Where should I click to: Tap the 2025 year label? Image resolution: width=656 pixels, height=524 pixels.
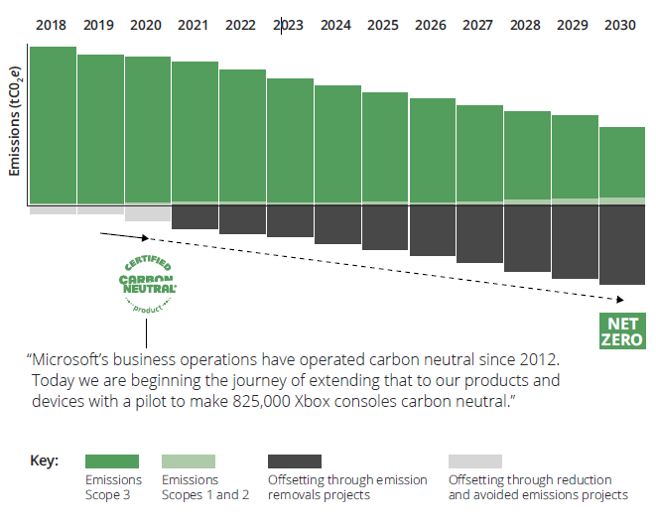click(384, 24)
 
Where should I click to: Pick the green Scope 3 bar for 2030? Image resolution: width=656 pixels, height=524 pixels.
click(622, 163)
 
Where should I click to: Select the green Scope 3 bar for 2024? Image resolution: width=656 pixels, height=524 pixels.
click(337, 144)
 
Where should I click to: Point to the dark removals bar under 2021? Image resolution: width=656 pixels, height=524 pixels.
click(196, 217)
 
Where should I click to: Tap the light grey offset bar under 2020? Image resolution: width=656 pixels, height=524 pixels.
click(148, 213)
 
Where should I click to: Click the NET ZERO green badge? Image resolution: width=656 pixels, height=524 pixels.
click(622, 330)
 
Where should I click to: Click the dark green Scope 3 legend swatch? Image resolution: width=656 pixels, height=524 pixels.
click(111, 461)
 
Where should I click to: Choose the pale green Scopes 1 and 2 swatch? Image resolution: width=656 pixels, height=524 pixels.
click(188, 461)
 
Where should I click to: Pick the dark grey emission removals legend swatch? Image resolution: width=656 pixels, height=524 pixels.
click(295, 461)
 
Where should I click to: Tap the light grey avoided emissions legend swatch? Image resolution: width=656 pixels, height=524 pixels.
click(474, 461)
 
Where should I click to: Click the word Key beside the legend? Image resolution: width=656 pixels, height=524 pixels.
click(45, 461)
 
